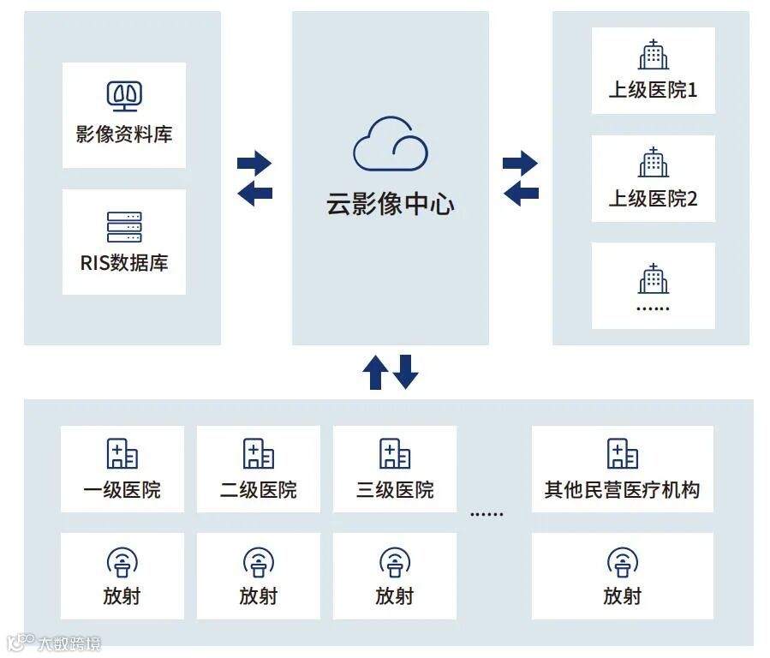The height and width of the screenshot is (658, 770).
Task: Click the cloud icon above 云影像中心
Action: coord(390,146)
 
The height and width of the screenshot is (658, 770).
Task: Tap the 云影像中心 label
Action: coord(390,204)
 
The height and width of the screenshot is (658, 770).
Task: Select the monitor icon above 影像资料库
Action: coord(124,97)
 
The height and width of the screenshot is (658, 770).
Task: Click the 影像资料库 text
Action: coord(124,135)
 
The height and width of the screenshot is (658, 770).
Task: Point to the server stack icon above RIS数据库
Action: coord(124,227)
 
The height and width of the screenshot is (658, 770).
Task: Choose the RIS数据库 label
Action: coord(124,263)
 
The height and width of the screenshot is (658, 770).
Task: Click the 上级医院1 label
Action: coord(653,90)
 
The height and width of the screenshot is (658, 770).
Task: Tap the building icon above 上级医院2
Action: coord(654,162)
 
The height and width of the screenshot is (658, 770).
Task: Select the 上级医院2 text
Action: coord(653,199)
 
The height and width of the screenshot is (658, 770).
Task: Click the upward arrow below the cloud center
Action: coord(375,372)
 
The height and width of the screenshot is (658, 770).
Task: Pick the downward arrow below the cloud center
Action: coord(405,372)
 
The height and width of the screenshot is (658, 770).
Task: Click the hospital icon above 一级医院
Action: coord(122,454)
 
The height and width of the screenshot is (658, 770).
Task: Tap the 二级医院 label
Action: coord(258,490)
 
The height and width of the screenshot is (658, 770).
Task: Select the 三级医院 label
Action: coord(395,490)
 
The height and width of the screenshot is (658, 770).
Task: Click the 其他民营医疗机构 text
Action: coord(622,490)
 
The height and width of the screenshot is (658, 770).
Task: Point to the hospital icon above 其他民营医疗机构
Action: coord(623,454)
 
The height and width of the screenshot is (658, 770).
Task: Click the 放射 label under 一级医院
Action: coord(122,596)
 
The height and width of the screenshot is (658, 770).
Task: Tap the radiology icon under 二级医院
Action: coord(258,563)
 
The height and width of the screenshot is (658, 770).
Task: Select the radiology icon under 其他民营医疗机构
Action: coord(623,563)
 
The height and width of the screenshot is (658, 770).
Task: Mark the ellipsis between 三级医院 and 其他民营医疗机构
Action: coord(486,514)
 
